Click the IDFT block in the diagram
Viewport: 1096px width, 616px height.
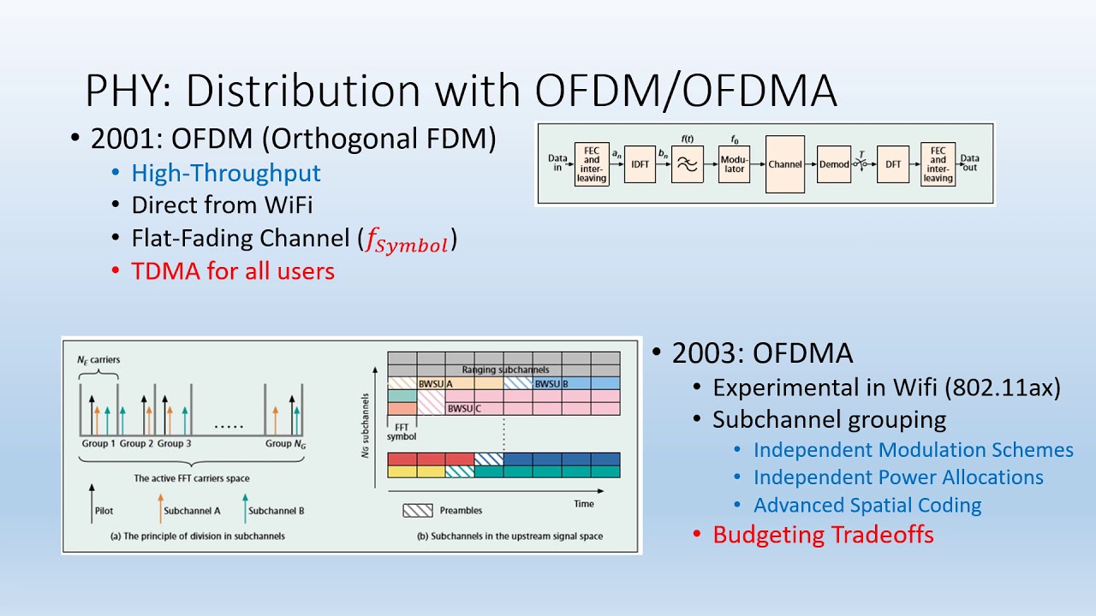pos(639,164)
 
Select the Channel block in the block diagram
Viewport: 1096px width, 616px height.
pos(784,164)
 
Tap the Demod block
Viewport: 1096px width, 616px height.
pos(833,164)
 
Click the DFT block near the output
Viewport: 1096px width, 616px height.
pos(892,164)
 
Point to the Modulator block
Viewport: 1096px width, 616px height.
pos(735,164)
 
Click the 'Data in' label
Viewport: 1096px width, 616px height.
pos(558,163)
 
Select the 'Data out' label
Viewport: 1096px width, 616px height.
pos(970,163)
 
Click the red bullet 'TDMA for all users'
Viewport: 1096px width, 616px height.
pos(232,271)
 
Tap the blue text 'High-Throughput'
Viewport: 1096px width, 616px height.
pos(226,174)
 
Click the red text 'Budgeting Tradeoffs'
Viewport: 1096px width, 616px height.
pos(823,535)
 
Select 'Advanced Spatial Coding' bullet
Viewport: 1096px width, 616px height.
pos(867,506)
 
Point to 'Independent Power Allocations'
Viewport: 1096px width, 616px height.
pos(898,477)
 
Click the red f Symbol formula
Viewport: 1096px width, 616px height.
pos(407,243)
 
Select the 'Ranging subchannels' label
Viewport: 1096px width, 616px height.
pos(504,370)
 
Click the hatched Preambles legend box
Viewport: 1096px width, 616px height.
pos(418,511)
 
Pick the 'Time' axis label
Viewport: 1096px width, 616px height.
pos(584,504)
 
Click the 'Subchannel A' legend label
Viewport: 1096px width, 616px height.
pos(192,512)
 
